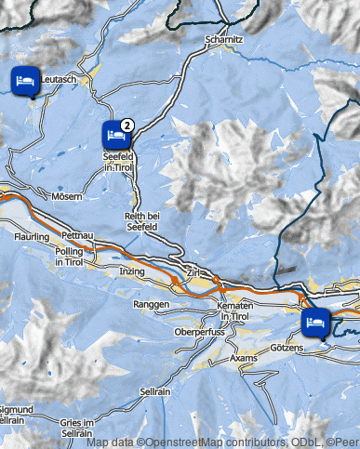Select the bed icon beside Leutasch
click(25, 81)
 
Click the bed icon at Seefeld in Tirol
click(115, 135)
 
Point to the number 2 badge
click(127, 124)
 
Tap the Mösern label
click(68, 197)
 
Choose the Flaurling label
click(32, 238)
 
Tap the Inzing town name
click(132, 271)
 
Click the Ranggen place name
click(150, 304)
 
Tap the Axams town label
click(244, 357)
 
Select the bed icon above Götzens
click(313, 323)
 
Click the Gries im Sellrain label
click(78, 428)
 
